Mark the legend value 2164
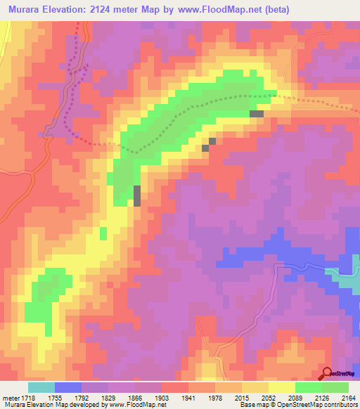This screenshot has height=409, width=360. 347,398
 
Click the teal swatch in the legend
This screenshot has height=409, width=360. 41,387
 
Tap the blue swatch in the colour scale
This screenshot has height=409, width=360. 68,387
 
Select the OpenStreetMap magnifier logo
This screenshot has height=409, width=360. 326,374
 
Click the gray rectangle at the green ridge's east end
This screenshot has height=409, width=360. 257,113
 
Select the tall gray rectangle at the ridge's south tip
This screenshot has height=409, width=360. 137,196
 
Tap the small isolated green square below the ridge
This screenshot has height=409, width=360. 103,233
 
